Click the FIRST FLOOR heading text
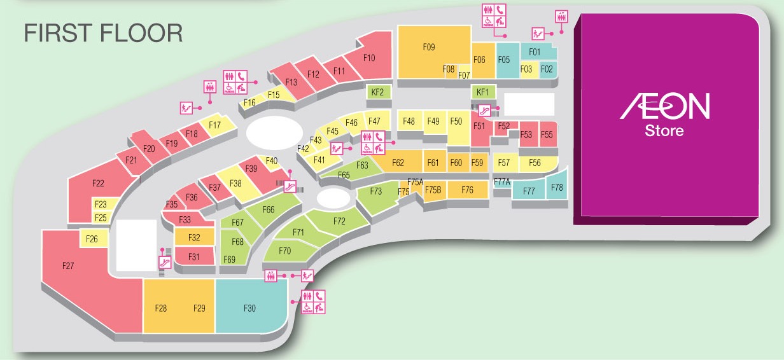103,33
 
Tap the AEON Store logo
664,114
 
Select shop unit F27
69,266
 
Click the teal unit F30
249,308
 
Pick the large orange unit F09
428,46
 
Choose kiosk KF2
377,92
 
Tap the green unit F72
339,221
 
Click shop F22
97,184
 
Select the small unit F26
91,239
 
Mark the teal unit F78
557,187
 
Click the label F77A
502,182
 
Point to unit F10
369,58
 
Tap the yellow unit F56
535,163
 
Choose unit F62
398,163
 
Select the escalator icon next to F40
290,186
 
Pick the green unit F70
284,251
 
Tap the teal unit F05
504,60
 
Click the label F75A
415,182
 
